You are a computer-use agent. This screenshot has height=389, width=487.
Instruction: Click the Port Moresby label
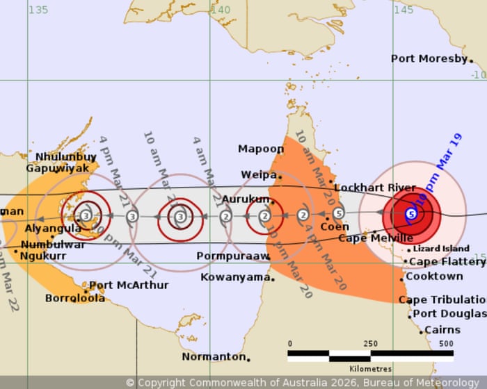pyautogui.click(x=429, y=59)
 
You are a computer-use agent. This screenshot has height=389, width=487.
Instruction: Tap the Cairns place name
pyautogui.click(x=442, y=330)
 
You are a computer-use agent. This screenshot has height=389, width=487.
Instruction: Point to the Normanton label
pyautogui.click(x=214, y=356)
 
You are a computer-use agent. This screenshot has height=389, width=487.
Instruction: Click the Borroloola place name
pyautogui.click(x=75, y=298)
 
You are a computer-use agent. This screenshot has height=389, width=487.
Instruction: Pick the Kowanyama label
pyautogui.click(x=234, y=277)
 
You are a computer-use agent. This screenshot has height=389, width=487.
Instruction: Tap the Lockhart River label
pyautogui.click(x=374, y=188)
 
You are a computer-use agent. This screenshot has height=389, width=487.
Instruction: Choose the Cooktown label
pyautogui.click(x=434, y=276)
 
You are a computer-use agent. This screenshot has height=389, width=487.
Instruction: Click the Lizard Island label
pyautogui.click(x=441, y=248)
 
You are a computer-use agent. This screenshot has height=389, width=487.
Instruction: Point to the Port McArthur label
pyautogui.click(x=129, y=285)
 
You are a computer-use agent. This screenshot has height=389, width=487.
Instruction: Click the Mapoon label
pyautogui.click(x=261, y=149)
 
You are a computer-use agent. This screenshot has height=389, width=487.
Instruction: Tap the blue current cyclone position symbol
pyautogui.click(x=410, y=214)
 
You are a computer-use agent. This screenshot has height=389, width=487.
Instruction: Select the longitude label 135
pyautogui.click(x=38, y=10)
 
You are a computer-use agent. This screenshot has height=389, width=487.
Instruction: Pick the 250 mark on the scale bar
pyautogui.click(x=370, y=344)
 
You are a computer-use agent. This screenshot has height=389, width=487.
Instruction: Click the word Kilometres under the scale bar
pyautogui.click(x=370, y=369)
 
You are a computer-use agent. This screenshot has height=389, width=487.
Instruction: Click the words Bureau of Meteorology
pyautogui.click(x=423, y=382)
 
